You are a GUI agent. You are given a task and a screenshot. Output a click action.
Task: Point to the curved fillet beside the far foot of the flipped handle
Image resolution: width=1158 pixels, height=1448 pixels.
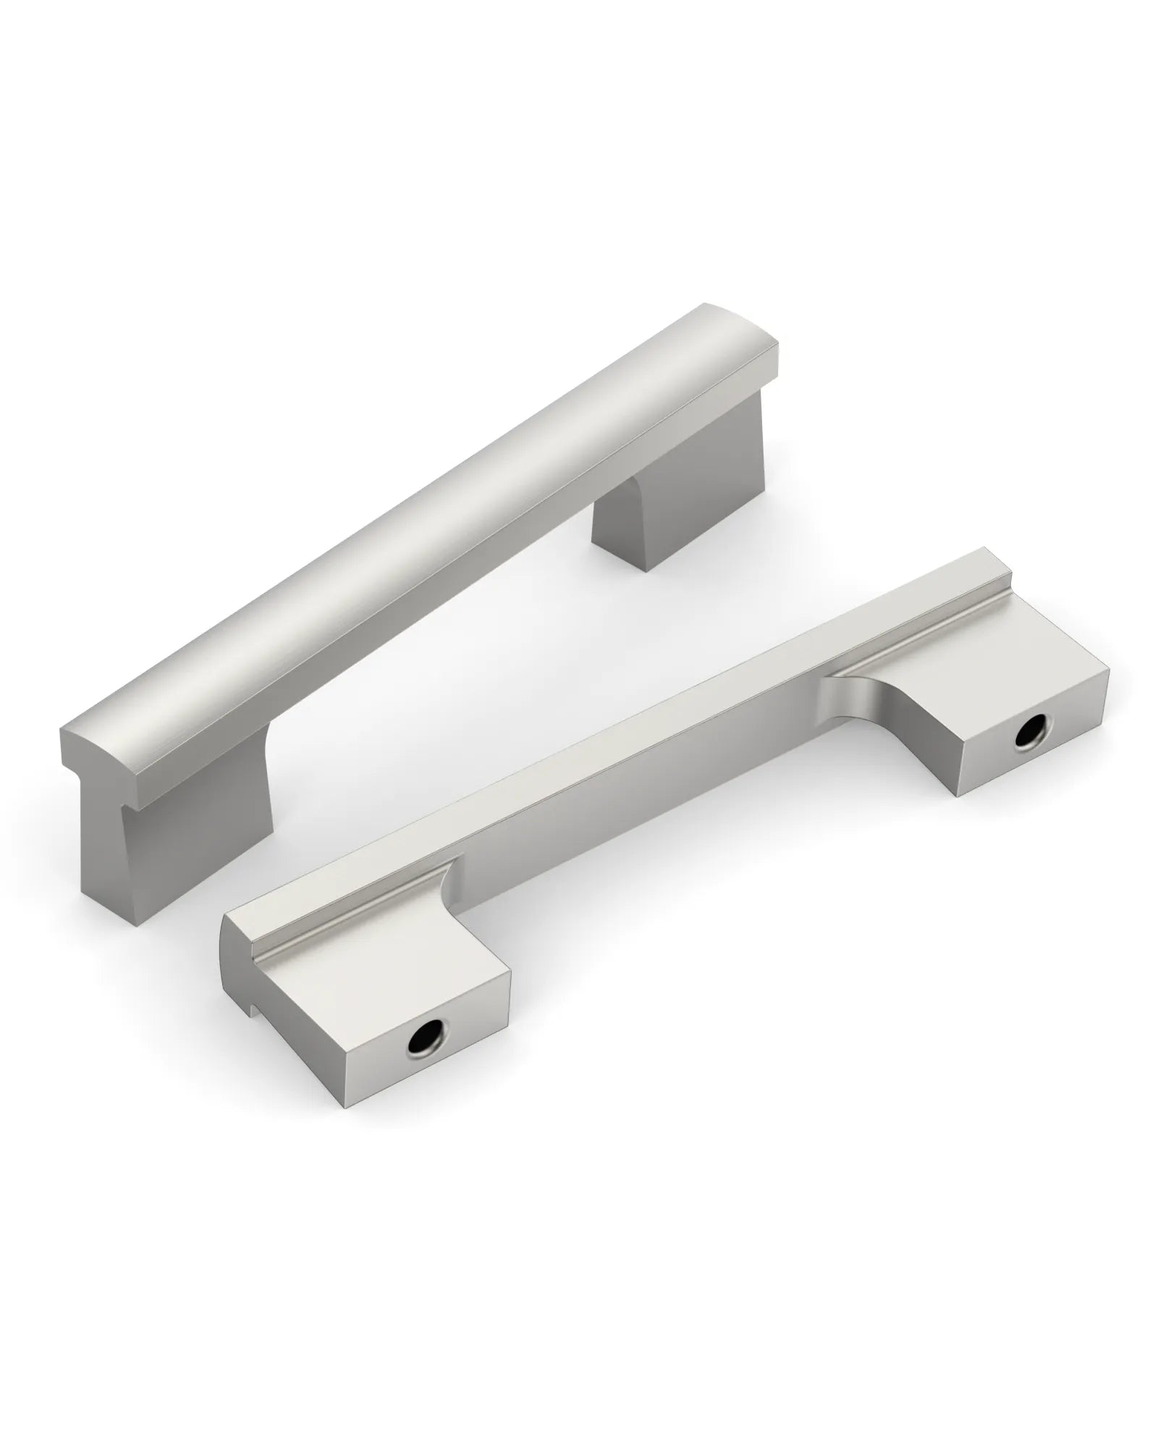868,695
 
